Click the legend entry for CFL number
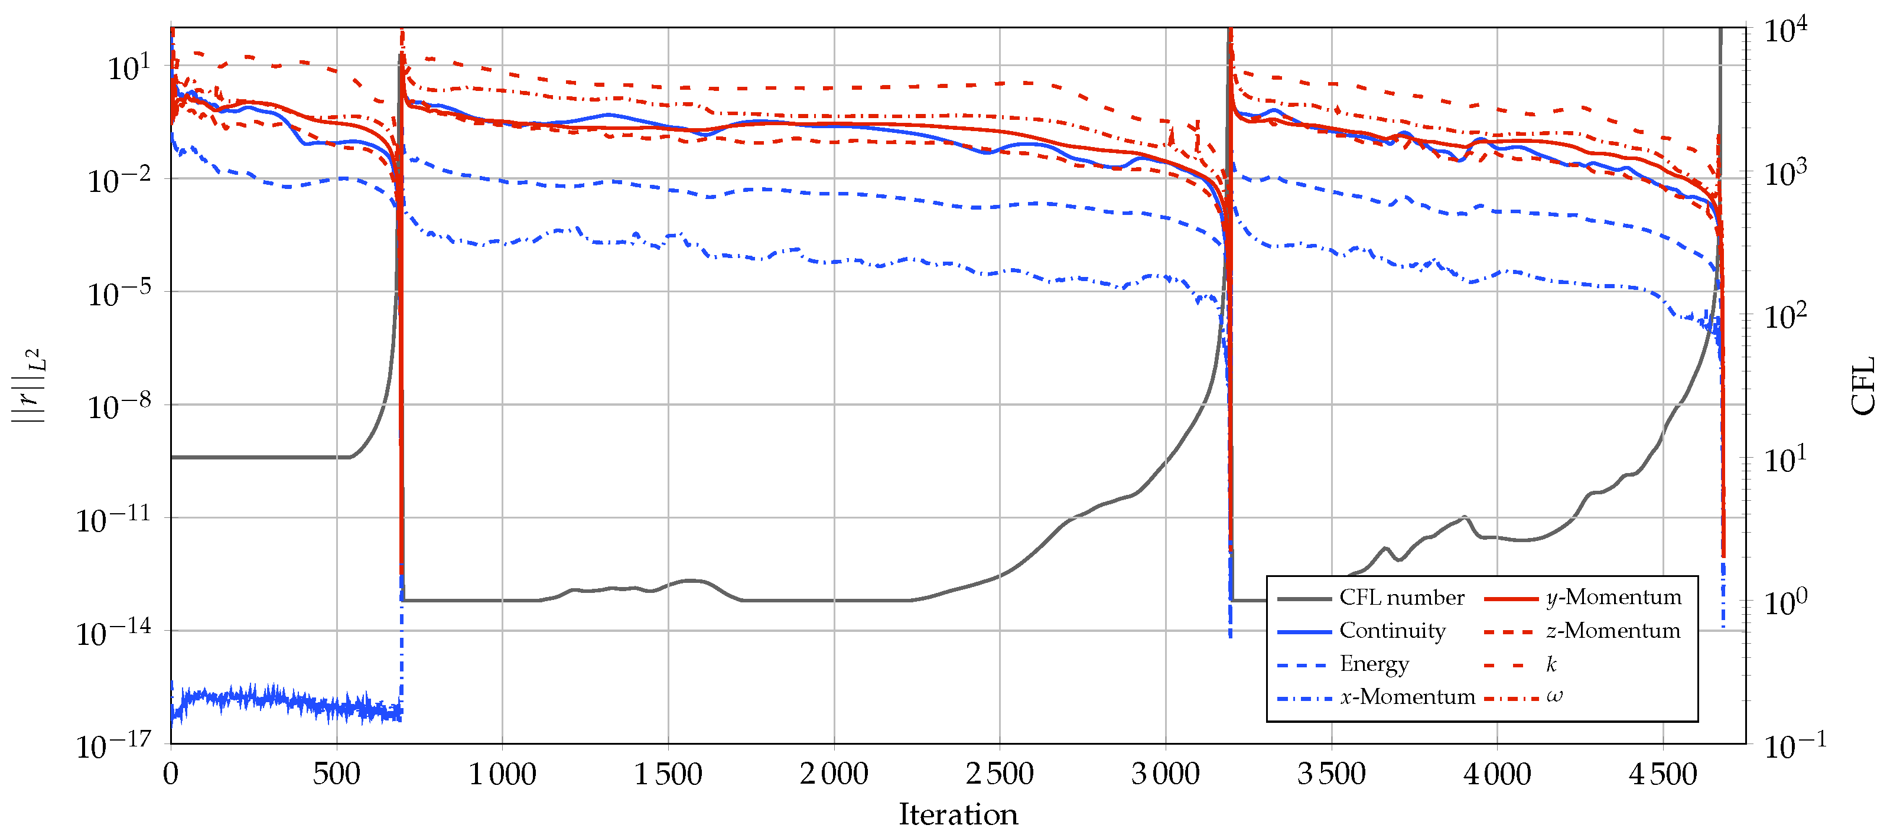click(x=1401, y=598)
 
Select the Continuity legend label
click(x=1392, y=631)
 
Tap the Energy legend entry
click(x=1374, y=664)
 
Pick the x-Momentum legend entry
click(x=1407, y=697)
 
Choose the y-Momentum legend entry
click(x=1613, y=598)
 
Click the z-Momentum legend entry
click(x=1613, y=631)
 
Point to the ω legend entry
click(x=1554, y=697)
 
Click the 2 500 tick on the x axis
click(x=999, y=774)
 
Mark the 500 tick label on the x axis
click(x=336, y=774)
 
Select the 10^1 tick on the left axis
click(x=129, y=67)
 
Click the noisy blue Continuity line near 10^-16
click(x=278, y=700)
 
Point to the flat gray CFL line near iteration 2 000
click(x=834, y=601)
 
